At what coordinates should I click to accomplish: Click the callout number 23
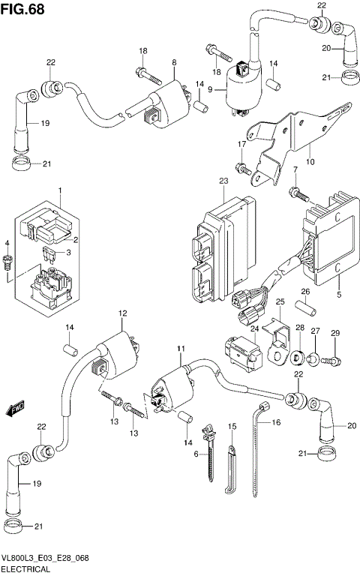[223, 181]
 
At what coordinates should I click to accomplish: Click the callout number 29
[335, 333]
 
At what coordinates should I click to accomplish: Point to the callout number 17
[242, 143]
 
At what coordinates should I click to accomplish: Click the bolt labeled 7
[301, 193]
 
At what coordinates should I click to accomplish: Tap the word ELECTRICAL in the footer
[25, 570]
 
